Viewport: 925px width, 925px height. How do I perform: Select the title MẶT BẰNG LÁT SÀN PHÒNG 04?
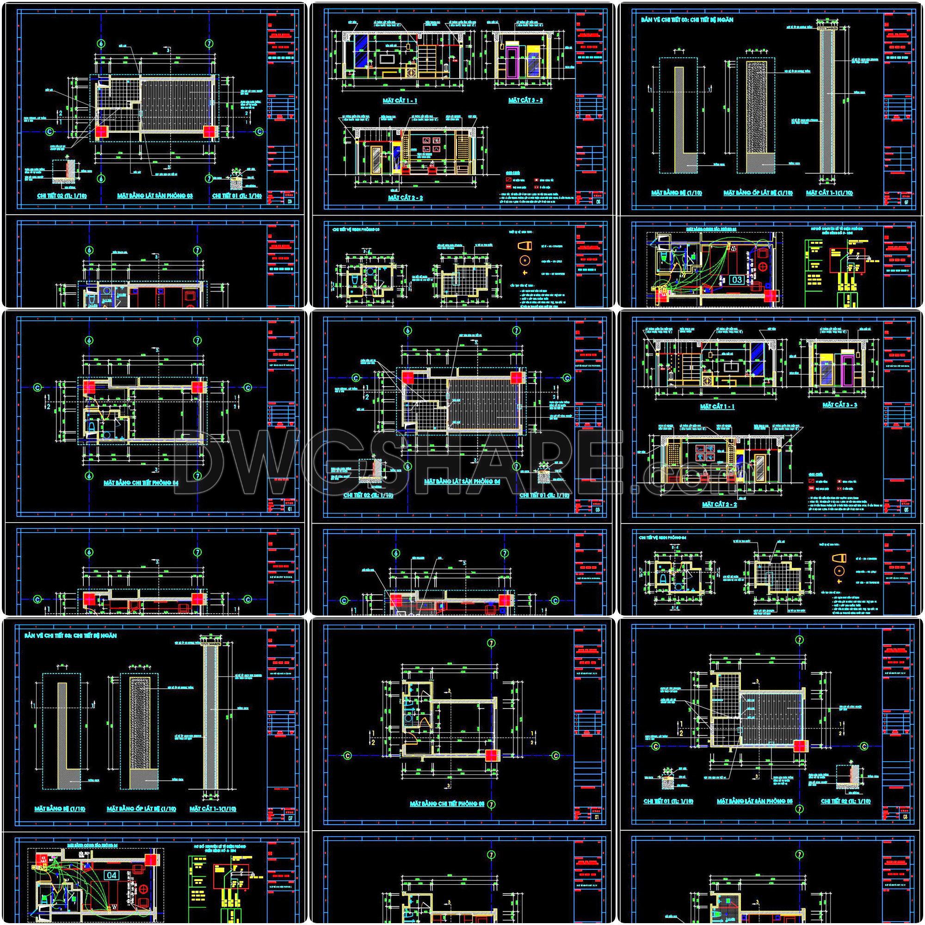click(462, 481)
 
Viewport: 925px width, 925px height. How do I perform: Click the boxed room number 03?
click(736, 280)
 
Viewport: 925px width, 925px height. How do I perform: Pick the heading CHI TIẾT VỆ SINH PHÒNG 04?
click(666, 538)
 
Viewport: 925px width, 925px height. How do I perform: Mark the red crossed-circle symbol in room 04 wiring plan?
click(144, 889)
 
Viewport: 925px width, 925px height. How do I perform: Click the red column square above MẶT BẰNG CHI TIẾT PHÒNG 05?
click(491, 756)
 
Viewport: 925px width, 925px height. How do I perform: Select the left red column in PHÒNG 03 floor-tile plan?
click(101, 132)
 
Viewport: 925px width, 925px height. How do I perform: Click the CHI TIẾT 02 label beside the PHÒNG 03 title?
click(56, 196)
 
